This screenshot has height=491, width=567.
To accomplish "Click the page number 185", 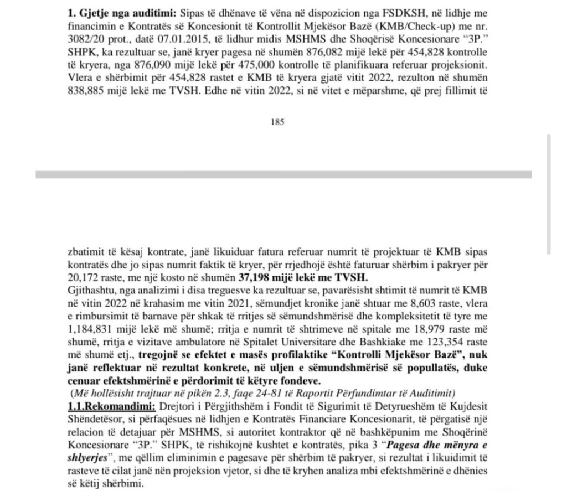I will click(x=277, y=123).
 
